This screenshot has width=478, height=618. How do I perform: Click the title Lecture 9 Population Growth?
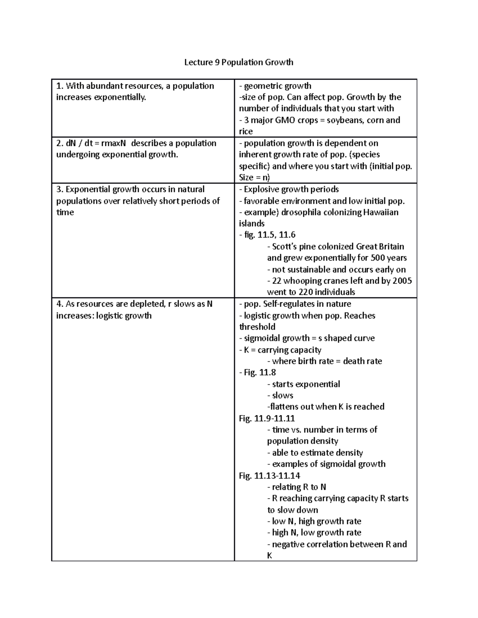coord(238,62)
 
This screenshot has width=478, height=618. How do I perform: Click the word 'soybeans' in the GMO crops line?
coord(343,120)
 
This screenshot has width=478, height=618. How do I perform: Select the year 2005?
coord(401,281)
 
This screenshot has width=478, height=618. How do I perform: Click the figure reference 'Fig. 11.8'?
coord(257,372)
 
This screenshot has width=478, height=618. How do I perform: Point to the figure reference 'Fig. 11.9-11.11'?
coord(266,419)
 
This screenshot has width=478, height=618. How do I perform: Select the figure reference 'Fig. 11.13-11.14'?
coord(269,476)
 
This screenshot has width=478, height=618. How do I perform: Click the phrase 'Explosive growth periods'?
coord(291,189)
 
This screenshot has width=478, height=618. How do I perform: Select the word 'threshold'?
coord(257,327)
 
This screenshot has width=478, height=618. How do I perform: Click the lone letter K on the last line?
coord(270,556)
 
